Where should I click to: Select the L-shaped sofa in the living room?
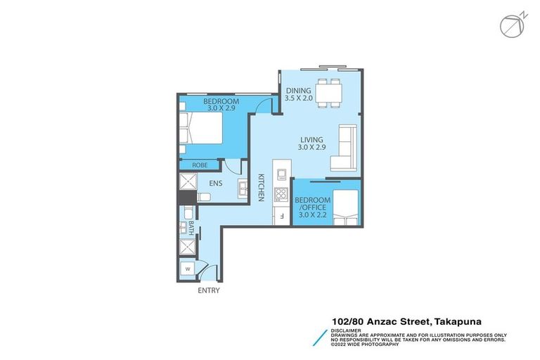pyautogui.click(x=345, y=148)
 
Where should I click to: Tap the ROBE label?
pyautogui.click(x=200, y=165)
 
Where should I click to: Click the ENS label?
pyautogui.click(x=216, y=186)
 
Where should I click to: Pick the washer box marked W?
pyautogui.click(x=188, y=269)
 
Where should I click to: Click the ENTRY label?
pyautogui.click(x=209, y=290)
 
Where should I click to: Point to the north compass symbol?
pyautogui.click(x=510, y=25)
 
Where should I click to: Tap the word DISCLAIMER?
pyautogui.click(x=347, y=329)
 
